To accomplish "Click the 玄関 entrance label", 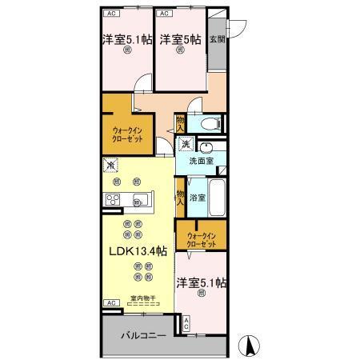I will tap(216, 39).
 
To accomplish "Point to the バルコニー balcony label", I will tap(143, 336).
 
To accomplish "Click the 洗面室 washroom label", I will tap(201, 161).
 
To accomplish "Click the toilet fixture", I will tap(209, 124).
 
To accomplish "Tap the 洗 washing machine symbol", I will tap(186, 144).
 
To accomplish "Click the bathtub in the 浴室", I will tap(218, 196).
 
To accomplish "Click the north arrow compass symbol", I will tap(250, 346).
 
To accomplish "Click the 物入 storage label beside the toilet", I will tap(181, 124).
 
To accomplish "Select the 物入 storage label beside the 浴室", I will tap(181, 195).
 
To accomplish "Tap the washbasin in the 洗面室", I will tap(207, 147).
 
